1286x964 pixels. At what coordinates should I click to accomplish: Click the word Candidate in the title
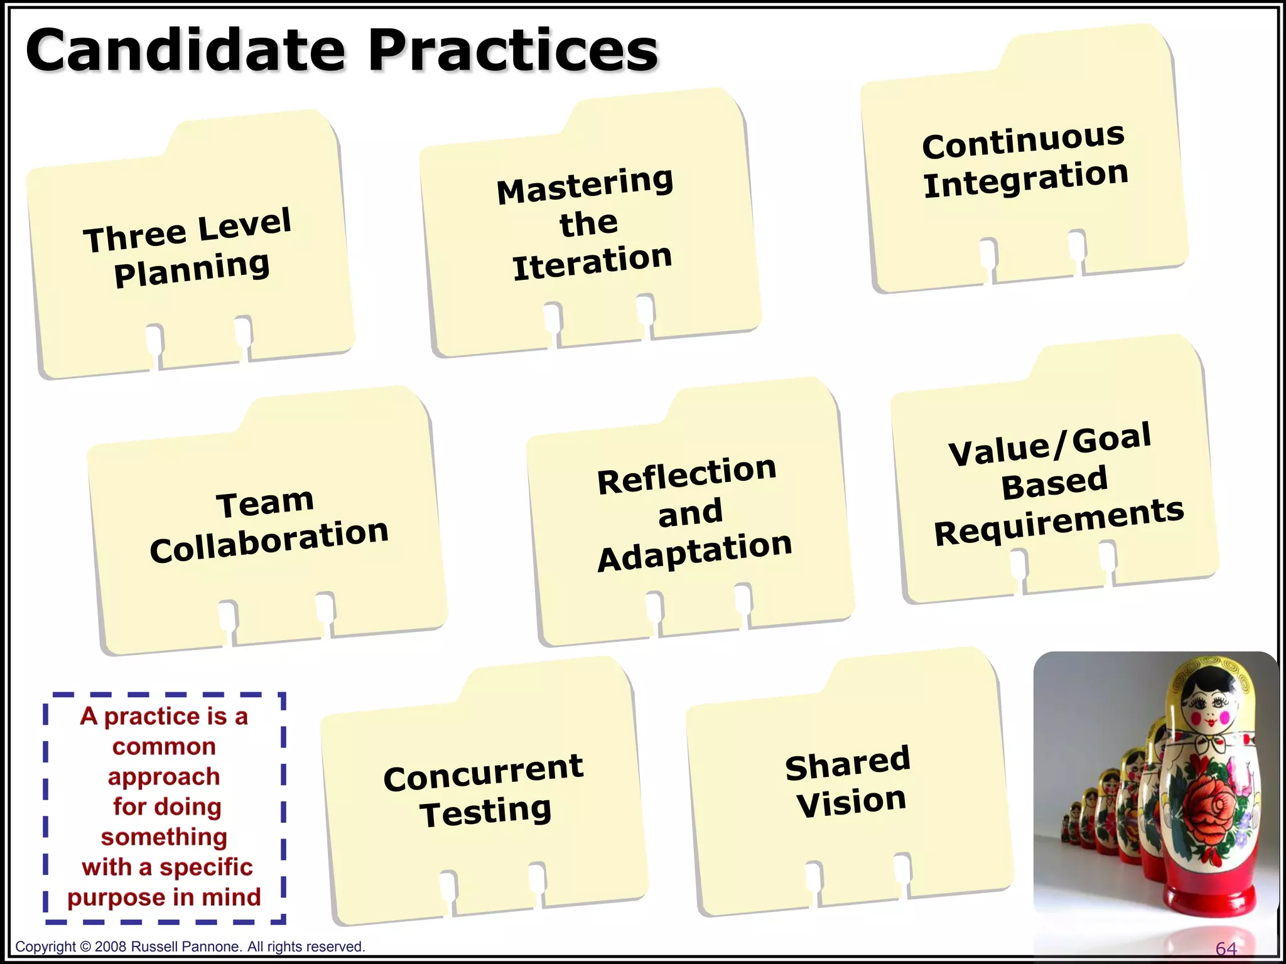click(x=186, y=50)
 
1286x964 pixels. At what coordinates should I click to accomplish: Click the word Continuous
click(x=1023, y=141)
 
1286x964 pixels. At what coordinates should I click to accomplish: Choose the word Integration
click(x=1025, y=179)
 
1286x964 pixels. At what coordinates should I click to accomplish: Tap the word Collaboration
click(x=269, y=540)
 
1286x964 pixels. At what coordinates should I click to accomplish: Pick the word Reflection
click(x=686, y=475)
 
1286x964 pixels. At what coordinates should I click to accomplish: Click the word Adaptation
click(x=694, y=552)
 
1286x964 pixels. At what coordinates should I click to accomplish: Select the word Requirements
click(x=1059, y=522)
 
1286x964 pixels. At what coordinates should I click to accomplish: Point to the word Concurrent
click(x=483, y=773)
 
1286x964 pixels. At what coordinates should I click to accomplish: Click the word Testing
click(x=485, y=811)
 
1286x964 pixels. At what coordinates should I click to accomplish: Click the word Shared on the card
click(x=848, y=763)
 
